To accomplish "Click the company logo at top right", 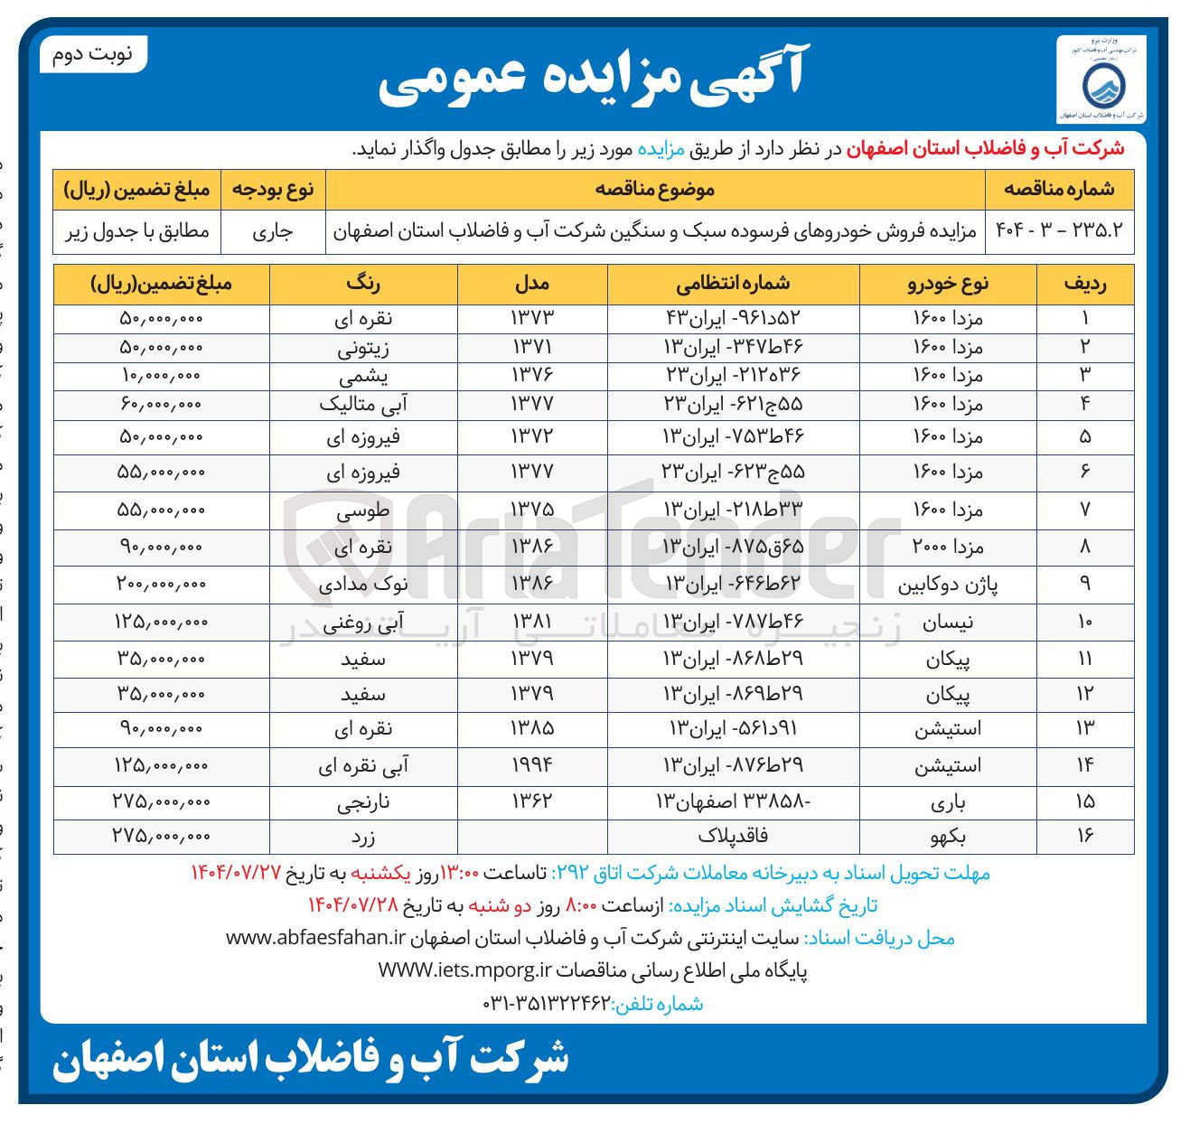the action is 1101,80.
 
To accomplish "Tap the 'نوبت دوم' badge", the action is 93,55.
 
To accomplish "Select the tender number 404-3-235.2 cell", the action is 1059,231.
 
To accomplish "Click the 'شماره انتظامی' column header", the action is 733,284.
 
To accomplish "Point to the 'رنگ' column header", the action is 363,284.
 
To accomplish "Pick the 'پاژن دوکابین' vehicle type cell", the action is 948,585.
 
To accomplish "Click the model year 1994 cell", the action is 532,765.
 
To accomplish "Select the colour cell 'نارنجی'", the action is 363,802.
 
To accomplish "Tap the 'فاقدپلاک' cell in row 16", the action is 733,837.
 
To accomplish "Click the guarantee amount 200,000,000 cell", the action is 162,585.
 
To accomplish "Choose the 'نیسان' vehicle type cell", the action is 948,623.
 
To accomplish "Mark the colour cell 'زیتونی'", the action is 363,348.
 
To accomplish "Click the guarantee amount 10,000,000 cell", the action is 162,376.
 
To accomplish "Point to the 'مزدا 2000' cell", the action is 948,548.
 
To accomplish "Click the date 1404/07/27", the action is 237,873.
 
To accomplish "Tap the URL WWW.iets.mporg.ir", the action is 464,971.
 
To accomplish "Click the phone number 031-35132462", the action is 548,1004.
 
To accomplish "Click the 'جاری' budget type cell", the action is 272,231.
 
